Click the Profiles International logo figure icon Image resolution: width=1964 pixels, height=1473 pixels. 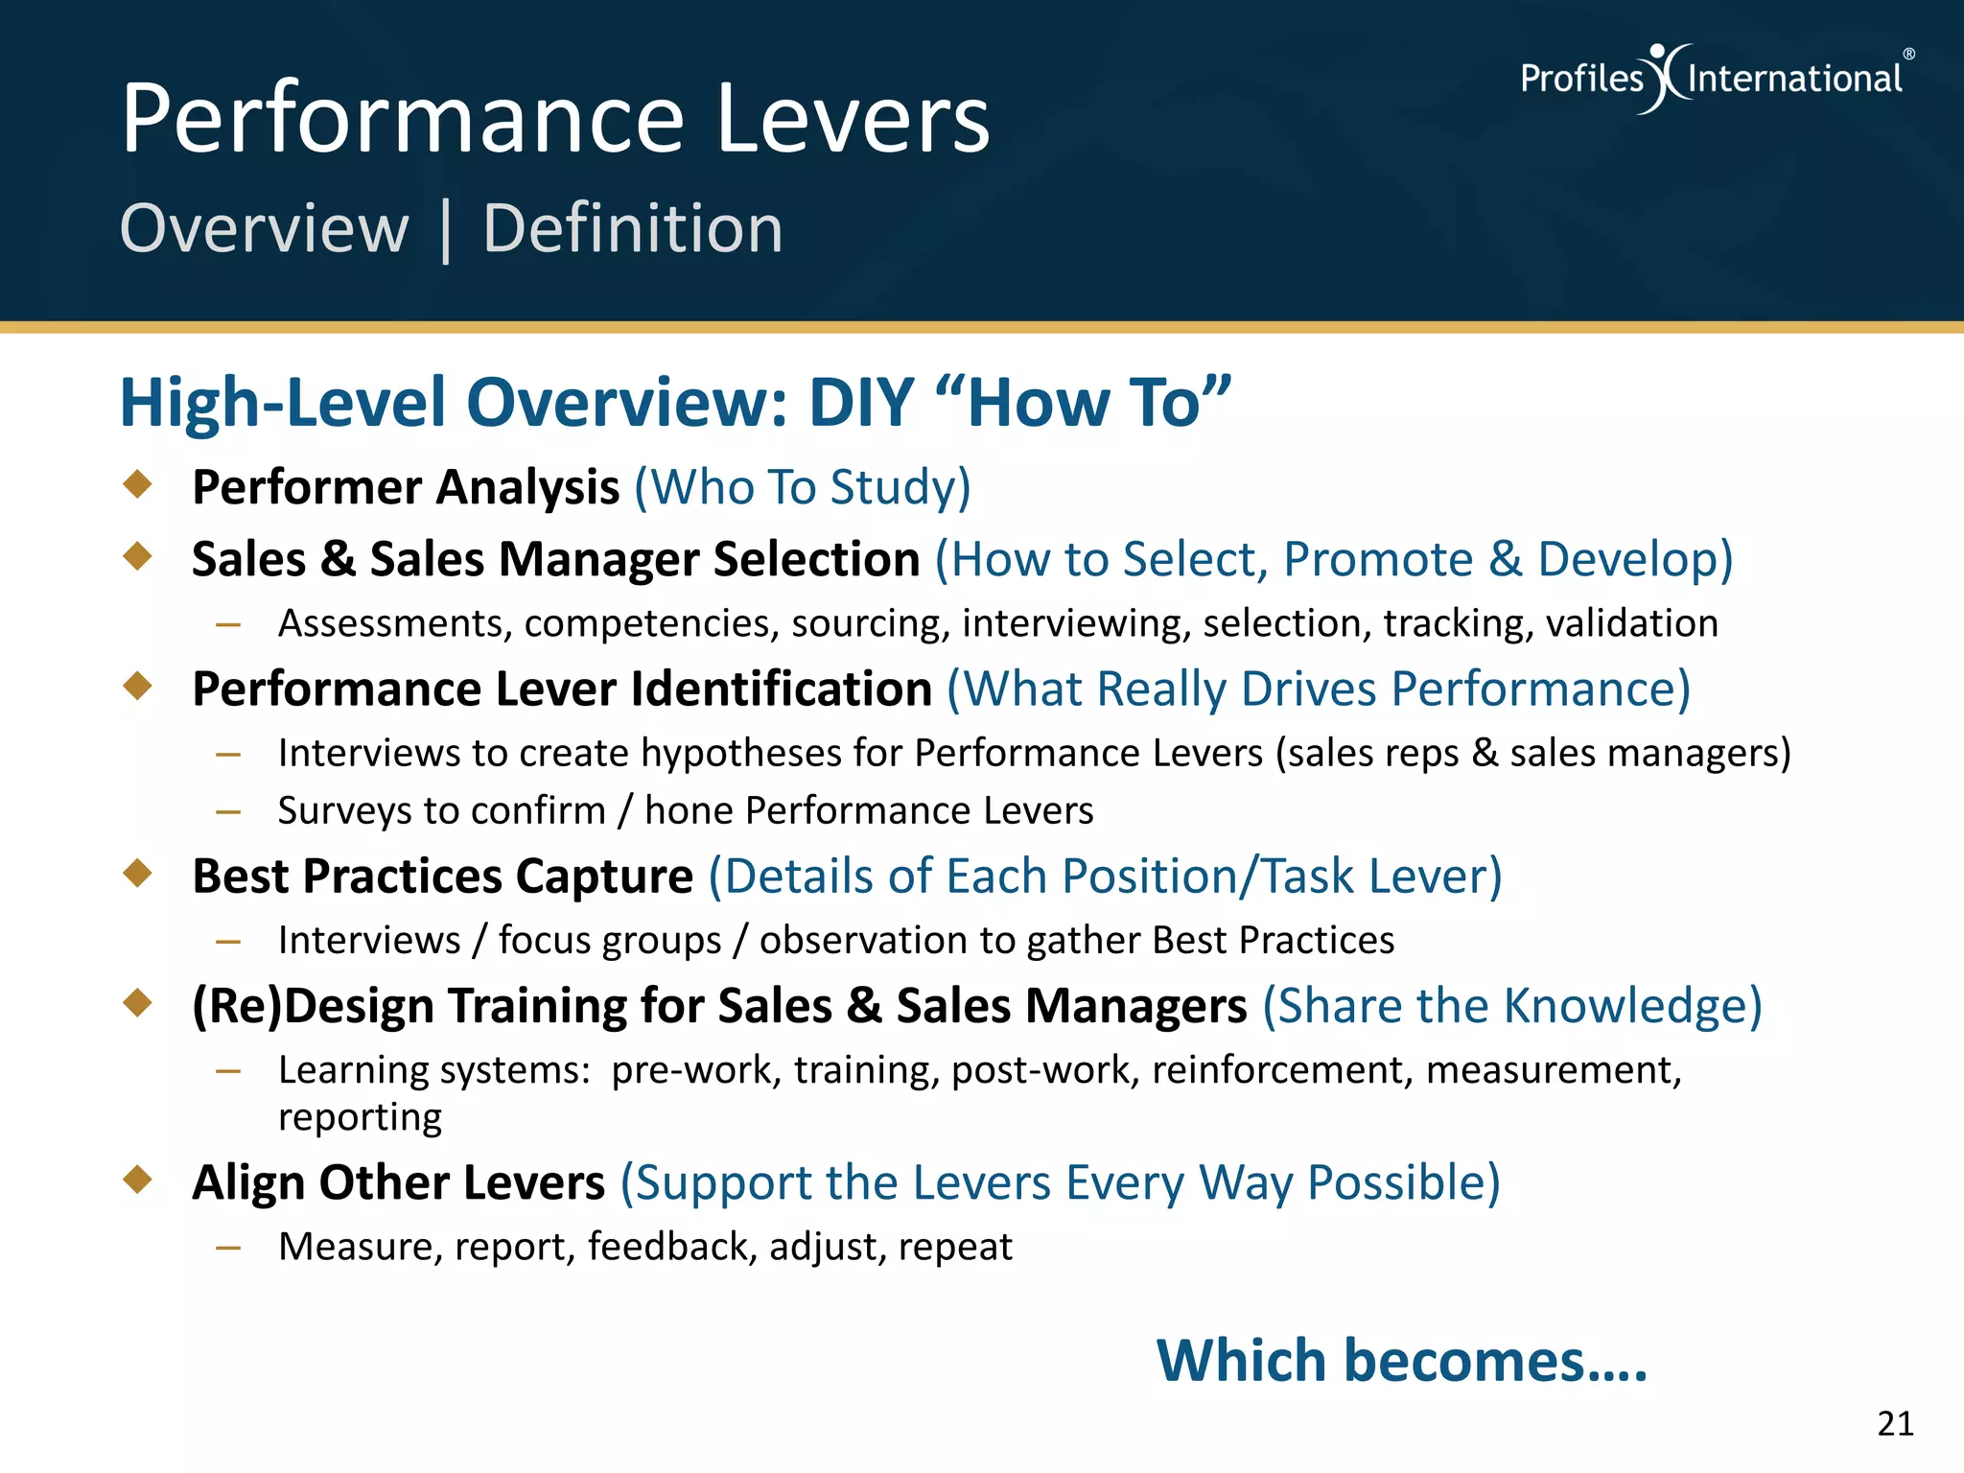(x=1667, y=78)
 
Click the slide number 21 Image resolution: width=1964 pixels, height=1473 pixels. (x=1895, y=1423)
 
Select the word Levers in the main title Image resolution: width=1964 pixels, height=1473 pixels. (x=853, y=119)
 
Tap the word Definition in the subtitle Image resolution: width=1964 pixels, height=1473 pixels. (x=633, y=229)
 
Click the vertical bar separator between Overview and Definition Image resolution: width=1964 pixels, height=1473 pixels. (x=445, y=231)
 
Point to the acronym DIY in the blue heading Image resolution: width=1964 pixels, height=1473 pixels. (x=860, y=403)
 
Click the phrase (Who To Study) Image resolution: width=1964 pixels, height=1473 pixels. (x=803, y=487)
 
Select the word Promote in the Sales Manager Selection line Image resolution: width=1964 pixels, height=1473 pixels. (x=1377, y=559)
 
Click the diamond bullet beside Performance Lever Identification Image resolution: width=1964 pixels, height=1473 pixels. (x=138, y=686)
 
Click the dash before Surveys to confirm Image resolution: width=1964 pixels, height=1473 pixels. (x=228, y=812)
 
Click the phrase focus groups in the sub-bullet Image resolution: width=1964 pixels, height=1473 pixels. (x=610, y=941)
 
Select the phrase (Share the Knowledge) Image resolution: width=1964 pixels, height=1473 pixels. (x=1512, y=1006)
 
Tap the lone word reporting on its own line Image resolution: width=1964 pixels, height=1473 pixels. (x=360, y=1117)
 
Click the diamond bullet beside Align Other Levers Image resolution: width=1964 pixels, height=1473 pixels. (x=138, y=1180)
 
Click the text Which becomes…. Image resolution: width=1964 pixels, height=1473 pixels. (x=1401, y=1361)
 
